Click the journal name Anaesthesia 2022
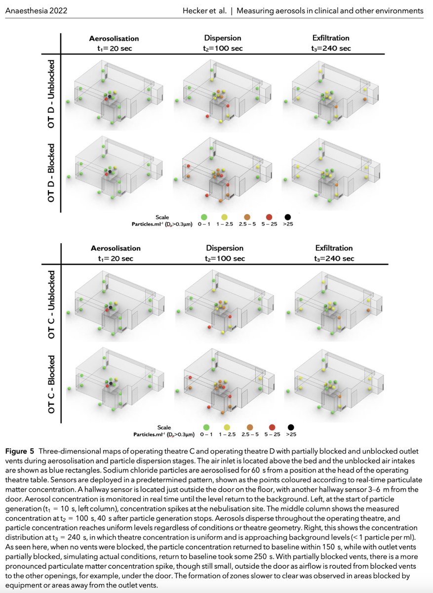coord(36,10)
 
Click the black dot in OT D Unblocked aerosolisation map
coord(110,96)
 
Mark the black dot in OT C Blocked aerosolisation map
coord(111,383)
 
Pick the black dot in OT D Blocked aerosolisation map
coord(110,171)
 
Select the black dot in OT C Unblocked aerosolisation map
coord(111,307)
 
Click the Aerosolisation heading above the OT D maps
coord(114,39)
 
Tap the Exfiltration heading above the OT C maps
coord(334,248)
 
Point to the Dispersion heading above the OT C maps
coord(225,248)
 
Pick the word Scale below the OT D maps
coord(162,217)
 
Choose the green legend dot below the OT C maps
coord(206,427)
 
